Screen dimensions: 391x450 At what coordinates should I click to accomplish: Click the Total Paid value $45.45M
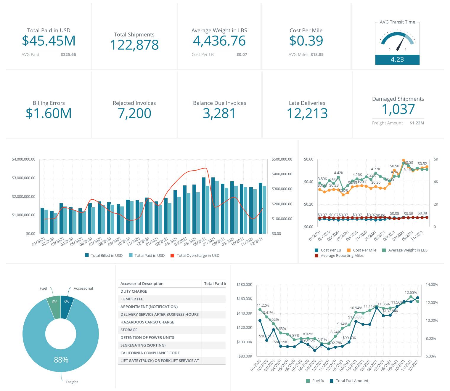click(x=49, y=41)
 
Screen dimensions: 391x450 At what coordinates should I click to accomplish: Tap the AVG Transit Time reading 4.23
click(x=397, y=60)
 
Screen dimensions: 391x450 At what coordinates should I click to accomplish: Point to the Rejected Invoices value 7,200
click(x=134, y=113)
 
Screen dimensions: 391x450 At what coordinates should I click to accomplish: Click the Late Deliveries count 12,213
click(x=307, y=113)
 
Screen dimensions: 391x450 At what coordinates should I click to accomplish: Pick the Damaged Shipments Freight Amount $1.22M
click(x=417, y=123)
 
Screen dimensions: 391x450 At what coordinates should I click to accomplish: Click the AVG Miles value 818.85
click(x=317, y=55)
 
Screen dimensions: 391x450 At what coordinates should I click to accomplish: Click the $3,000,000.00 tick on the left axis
click(x=23, y=178)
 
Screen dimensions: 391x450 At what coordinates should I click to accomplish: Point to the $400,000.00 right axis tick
click(x=282, y=174)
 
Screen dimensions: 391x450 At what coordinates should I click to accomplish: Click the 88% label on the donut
click(x=61, y=360)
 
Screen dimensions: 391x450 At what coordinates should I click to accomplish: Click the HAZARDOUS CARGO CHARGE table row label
click(x=147, y=322)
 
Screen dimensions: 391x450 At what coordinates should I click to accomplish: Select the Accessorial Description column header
click(x=142, y=283)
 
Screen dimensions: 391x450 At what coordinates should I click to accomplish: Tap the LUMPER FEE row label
click(x=131, y=299)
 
